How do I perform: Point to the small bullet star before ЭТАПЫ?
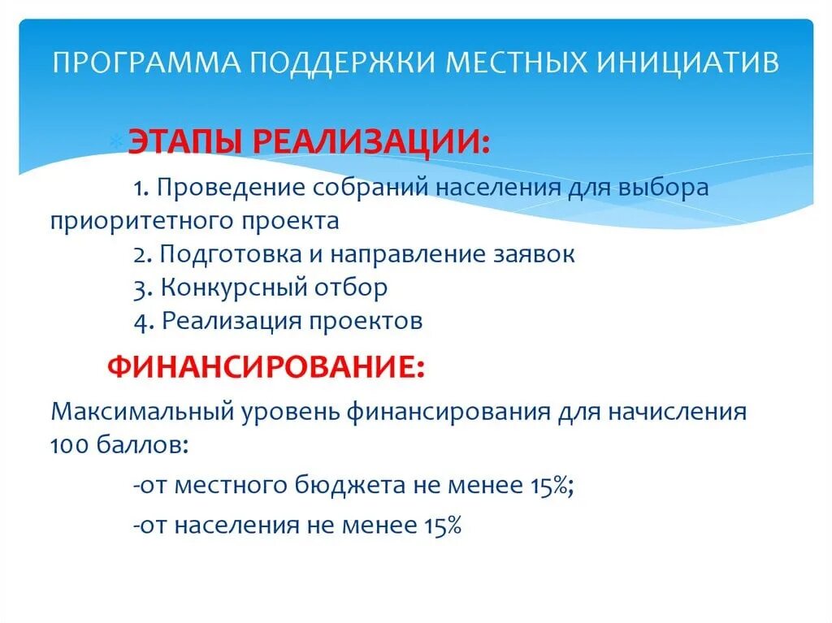tap(115, 141)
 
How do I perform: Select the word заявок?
tap(534, 254)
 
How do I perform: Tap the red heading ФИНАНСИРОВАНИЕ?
tap(265, 367)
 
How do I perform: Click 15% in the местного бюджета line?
tap(549, 486)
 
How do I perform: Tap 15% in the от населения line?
tap(442, 526)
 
